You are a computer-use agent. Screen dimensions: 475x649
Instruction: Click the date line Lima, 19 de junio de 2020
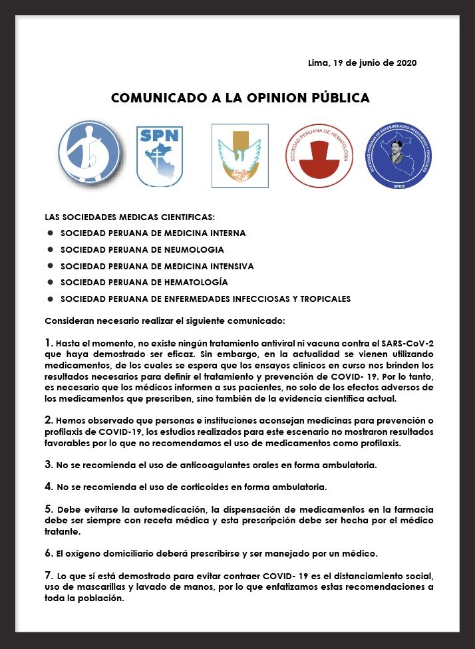click(363, 63)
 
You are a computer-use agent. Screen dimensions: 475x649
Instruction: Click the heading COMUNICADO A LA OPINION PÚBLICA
click(240, 98)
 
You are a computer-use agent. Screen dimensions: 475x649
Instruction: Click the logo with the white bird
click(240, 156)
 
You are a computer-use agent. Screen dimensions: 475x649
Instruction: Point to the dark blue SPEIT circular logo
click(400, 155)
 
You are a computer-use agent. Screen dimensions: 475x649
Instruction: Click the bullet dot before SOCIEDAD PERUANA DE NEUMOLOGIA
click(50, 249)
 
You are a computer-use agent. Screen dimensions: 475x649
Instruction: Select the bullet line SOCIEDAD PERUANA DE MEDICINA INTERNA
click(153, 233)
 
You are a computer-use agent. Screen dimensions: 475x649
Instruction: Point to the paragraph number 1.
click(48, 342)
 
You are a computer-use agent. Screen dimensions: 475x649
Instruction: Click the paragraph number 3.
click(49, 463)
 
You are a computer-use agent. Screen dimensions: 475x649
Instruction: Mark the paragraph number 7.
click(48, 574)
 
